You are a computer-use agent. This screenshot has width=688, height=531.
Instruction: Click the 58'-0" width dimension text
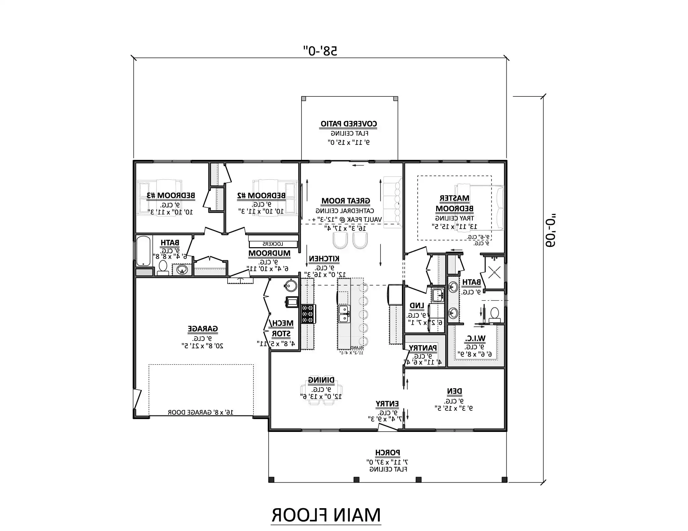click(x=320, y=51)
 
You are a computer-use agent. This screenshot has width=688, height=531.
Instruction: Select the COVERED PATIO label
click(x=349, y=124)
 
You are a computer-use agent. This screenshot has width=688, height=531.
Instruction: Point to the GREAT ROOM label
click(x=346, y=201)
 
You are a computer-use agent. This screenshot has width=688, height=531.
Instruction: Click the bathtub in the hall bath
click(x=144, y=251)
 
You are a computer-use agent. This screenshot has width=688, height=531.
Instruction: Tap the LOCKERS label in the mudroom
click(x=273, y=244)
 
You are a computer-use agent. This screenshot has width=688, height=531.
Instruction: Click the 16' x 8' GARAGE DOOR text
click(x=200, y=412)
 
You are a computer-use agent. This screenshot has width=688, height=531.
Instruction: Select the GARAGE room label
click(x=202, y=329)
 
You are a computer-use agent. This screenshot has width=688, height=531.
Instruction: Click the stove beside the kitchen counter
click(x=308, y=314)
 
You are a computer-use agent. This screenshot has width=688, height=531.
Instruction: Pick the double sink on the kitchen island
click(x=343, y=314)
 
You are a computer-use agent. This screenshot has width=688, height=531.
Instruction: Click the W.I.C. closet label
click(x=475, y=338)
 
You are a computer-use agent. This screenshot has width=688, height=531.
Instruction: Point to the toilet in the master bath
click(x=494, y=315)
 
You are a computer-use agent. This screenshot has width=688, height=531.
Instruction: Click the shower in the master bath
click(x=494, y=272)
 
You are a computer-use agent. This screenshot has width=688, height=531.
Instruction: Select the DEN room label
click(x=454, y=391)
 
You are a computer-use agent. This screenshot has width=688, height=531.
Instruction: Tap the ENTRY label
click(x=387, y=404)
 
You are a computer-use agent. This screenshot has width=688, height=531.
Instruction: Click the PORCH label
click(x=387, y=452)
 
